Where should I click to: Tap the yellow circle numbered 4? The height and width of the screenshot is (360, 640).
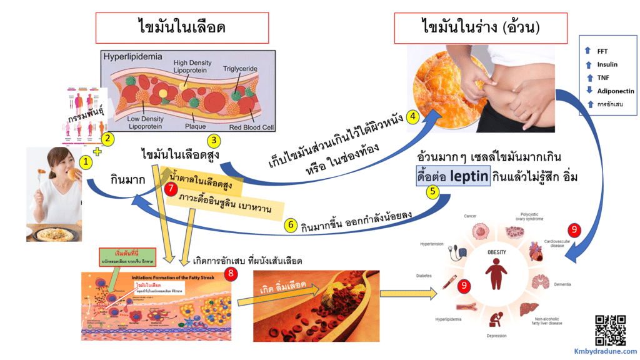412,117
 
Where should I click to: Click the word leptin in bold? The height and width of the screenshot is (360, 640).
482,177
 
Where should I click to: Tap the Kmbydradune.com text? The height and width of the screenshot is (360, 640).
606,351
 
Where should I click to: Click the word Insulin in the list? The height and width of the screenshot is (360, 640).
607,64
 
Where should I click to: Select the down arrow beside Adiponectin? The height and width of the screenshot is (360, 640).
587,91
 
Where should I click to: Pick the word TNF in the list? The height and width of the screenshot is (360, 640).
602,77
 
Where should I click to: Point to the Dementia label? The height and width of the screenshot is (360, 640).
562,284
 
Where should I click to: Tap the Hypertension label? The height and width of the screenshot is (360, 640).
431,245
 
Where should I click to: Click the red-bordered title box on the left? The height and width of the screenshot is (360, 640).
181,28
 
